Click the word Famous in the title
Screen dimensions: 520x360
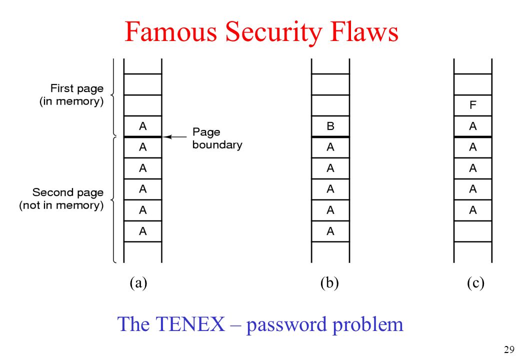click(x=171, y=31)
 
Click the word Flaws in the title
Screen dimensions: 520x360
click(x=364, y=31)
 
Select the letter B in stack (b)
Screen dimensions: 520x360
click(x=330, y=126)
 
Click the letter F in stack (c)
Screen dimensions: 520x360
click(x=473, y=105)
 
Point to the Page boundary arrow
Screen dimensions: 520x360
click(x=175, y=136)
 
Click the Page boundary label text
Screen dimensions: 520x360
click(x=217, y=138)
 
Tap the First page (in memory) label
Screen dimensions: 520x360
click(x=71, y=95)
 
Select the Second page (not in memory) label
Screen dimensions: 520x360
click(x=61, y=198)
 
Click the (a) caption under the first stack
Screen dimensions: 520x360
click(x=138, y=283)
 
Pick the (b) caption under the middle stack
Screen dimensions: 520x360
click(x=329, y=283)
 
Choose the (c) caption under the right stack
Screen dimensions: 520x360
click(x=475, y=283)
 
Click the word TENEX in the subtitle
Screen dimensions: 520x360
click(x=189, y=324)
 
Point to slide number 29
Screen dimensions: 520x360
click(x=509, y=349)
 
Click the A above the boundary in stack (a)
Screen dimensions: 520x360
click(x=142, y=126)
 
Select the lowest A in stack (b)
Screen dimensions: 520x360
click(x=330, y=231)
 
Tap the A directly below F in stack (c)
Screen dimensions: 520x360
click(x=473, y=126)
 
